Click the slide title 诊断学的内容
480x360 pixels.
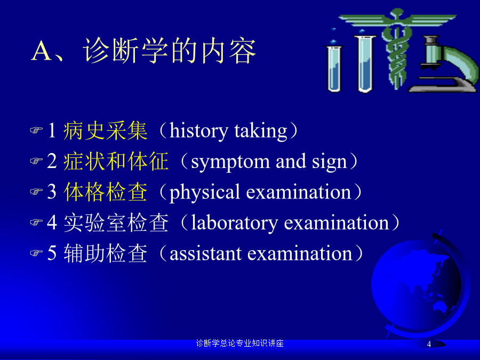[x=169, y=51]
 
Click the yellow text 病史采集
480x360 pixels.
[x=105, y=131]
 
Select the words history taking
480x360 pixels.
[x=228, y=131]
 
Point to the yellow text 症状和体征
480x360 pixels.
[x=116, y=161]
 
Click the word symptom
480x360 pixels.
[x=230, y=162]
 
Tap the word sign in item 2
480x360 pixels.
[x=329, y=162]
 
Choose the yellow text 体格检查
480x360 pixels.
[x=105, y=192]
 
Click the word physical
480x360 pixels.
[x=204, y=193]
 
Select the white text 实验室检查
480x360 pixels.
[x=116, y=222]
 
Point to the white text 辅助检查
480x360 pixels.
[x=105, y=253]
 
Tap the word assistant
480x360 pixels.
[x=205, y=254]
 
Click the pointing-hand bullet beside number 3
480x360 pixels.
[x=36, y=192]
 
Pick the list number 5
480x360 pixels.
[x=52, y=253]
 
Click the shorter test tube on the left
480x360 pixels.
[x=334, y=68]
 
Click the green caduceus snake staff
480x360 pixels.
[x=397, y=49]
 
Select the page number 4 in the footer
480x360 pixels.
[x=429, y=344]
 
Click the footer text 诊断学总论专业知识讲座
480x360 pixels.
[x=239, y=343]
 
